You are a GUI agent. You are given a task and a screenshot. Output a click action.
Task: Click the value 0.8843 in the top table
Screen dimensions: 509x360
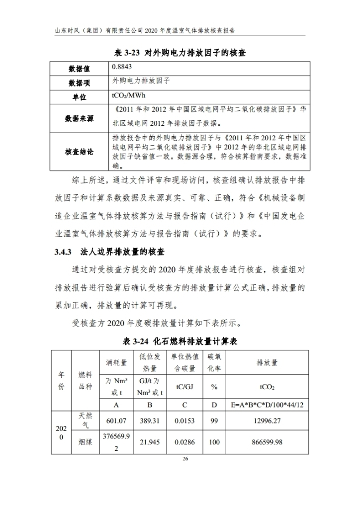pos(122,67)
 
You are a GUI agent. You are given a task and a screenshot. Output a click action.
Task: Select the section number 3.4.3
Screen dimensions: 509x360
pos(64,252)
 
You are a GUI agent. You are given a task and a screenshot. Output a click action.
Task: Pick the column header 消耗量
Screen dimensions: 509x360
pos(117,363)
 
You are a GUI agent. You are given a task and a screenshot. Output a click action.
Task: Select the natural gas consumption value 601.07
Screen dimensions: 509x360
pos(117,421)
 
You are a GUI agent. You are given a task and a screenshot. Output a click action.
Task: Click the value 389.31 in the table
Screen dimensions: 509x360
pos(150,421)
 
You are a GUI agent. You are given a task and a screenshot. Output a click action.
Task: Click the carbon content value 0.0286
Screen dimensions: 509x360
pos(184,442)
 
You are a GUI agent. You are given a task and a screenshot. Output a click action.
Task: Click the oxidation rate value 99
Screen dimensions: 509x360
pos(214,421)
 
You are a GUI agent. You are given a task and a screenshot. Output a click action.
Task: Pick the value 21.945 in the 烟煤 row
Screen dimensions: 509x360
pos(150,442)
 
